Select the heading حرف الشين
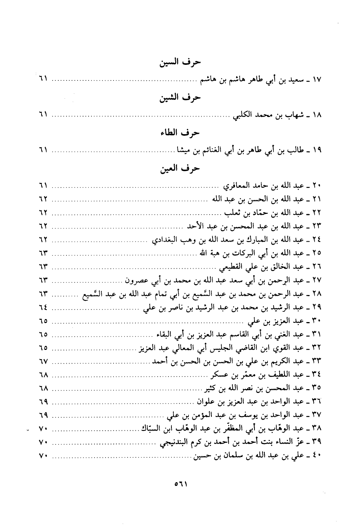pyautogui.click(x=180, y=98)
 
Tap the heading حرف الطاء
pyautogui.click(x=180, y=133)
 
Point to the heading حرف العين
pyautogui.click(x=180, y=168)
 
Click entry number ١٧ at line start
pyautogui.click(x=317, y=80)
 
